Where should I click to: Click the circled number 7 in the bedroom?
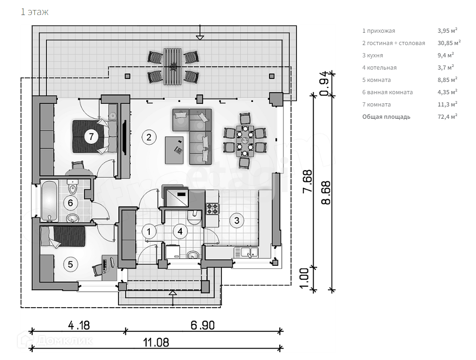91,136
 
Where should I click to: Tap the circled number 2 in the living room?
148,136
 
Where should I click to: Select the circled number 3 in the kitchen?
236,221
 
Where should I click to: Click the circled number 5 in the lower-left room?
70,264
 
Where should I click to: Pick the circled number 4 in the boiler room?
180,231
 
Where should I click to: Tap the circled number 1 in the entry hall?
148,231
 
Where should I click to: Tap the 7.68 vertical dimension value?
308,181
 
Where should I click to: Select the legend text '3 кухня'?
372,56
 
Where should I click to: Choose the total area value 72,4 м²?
447,117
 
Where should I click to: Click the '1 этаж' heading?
35,12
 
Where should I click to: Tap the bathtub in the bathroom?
49,201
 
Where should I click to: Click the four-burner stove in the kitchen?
213,209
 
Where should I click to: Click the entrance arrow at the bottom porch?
173,295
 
